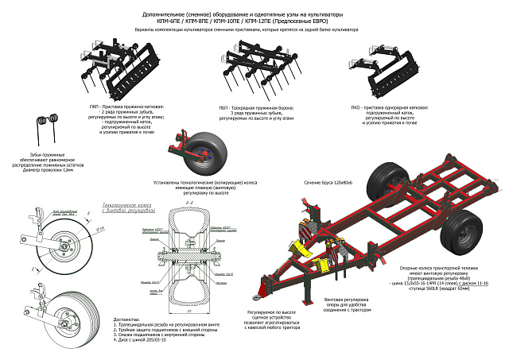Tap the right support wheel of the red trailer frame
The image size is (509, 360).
click(x=460, y=231)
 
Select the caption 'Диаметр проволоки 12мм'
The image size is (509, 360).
click(x=47, y=171)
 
